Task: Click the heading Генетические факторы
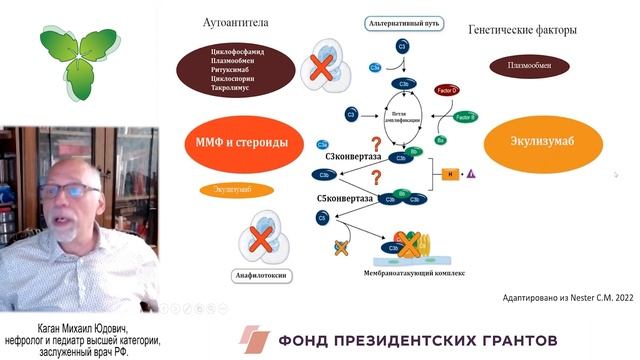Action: click(522, 31)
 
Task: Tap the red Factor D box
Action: click(447, 91)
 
